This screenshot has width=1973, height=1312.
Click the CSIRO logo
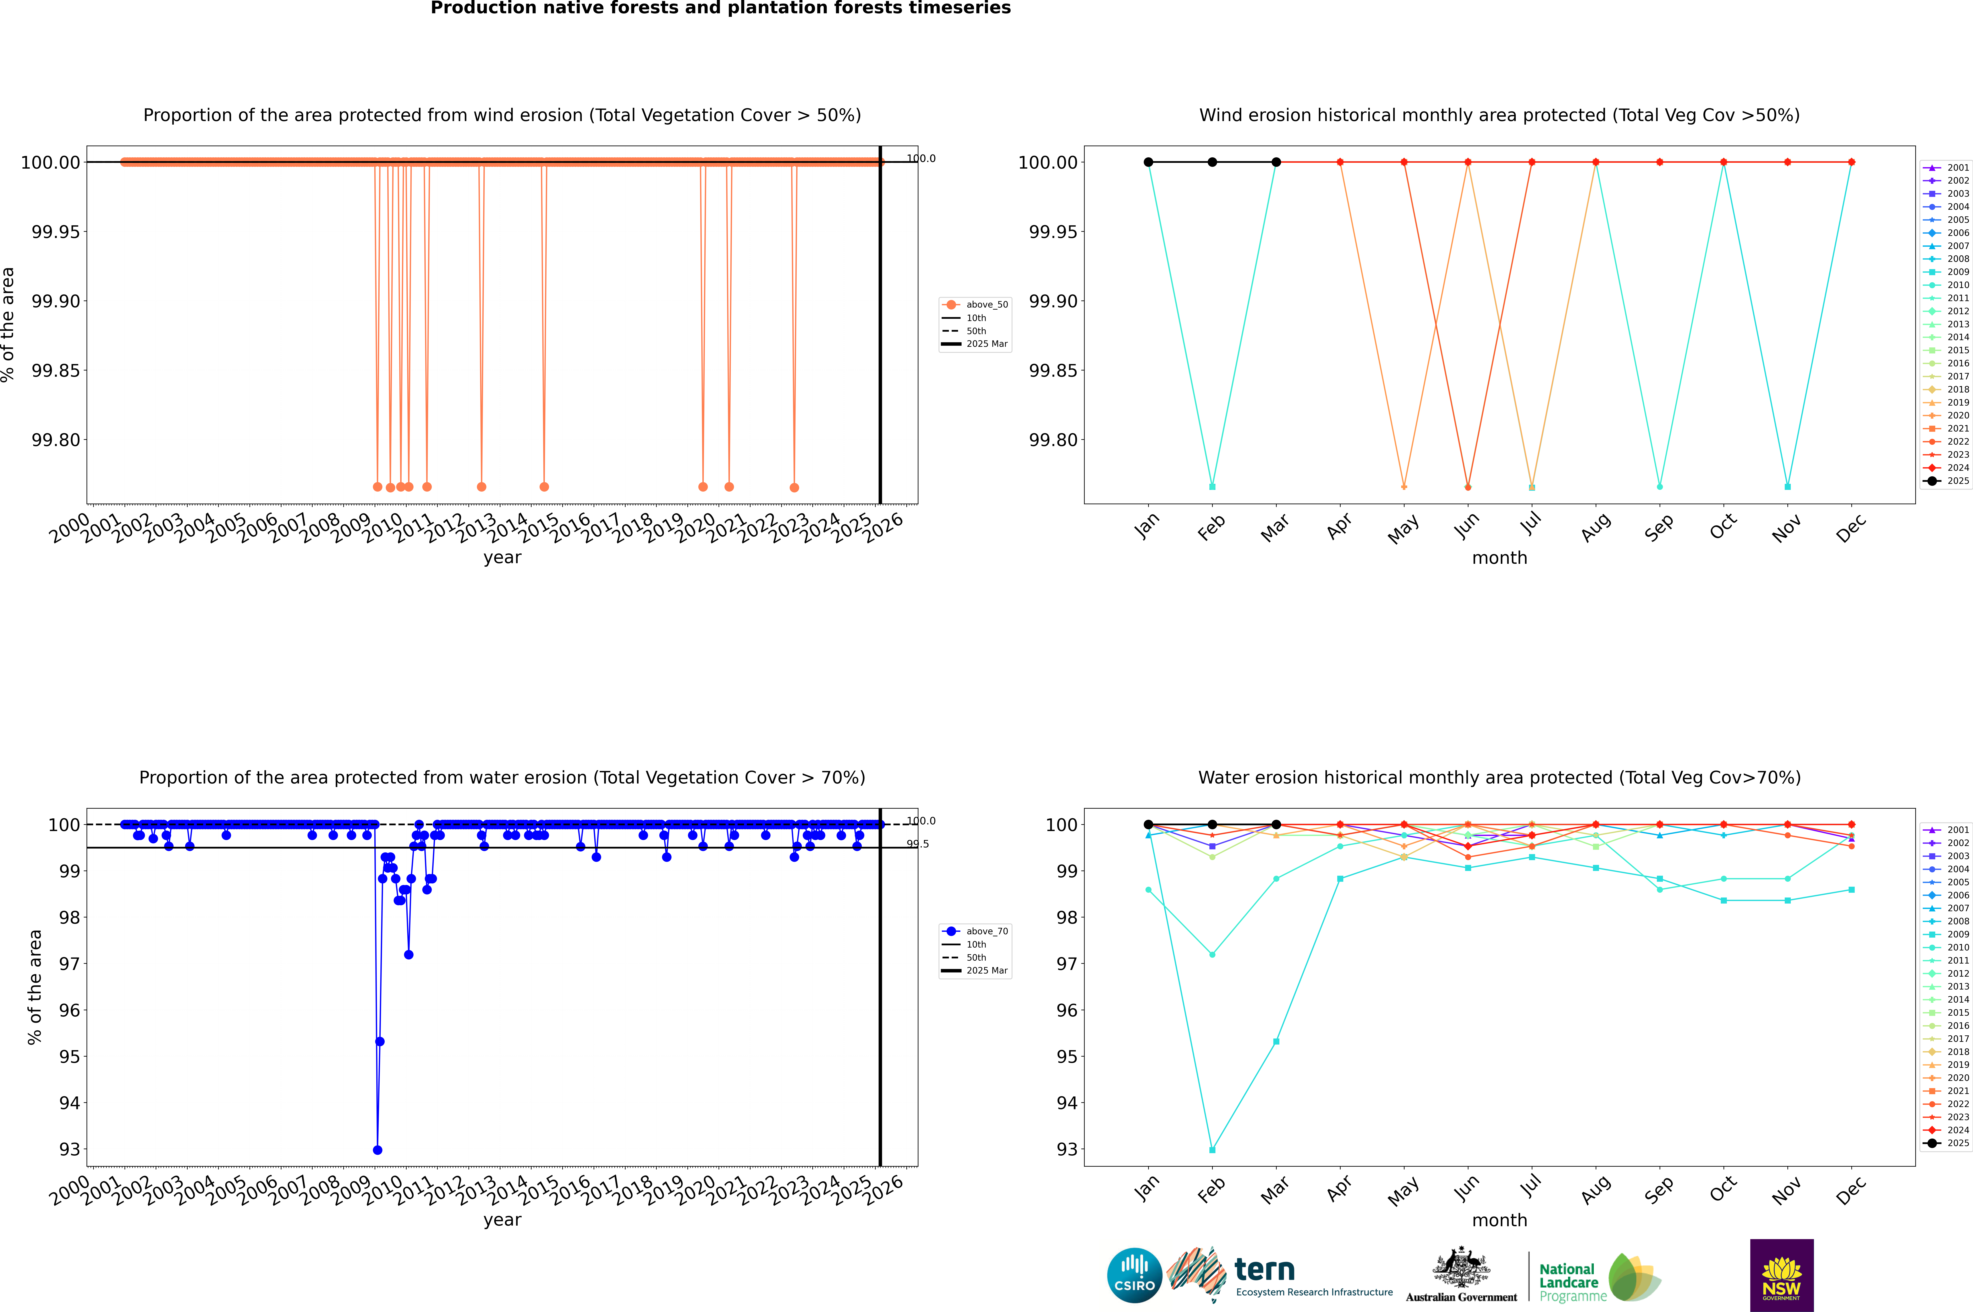pyautogui.click(x=1134, y=1275)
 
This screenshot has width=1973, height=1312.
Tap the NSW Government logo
pyautogui.click(x=1781, y=1275)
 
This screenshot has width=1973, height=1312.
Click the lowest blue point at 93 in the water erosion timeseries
pyautogui.click(x=377, y=1150)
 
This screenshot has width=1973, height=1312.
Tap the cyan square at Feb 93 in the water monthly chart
pyautogui.click(x=1212, y=1150)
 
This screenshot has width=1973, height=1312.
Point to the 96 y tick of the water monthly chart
pyautogui.click(x=1066, y=1010)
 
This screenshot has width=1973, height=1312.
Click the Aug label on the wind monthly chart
pyautogui.click(x=1595, y=528)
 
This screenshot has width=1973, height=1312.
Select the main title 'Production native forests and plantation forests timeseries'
pyautogui.click(x=720, y=8)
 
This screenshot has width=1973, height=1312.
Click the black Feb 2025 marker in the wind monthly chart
pyautogui.click(x=1212, y=162)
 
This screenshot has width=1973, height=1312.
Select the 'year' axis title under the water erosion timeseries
pyautogui.click(x=502, y=1220)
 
